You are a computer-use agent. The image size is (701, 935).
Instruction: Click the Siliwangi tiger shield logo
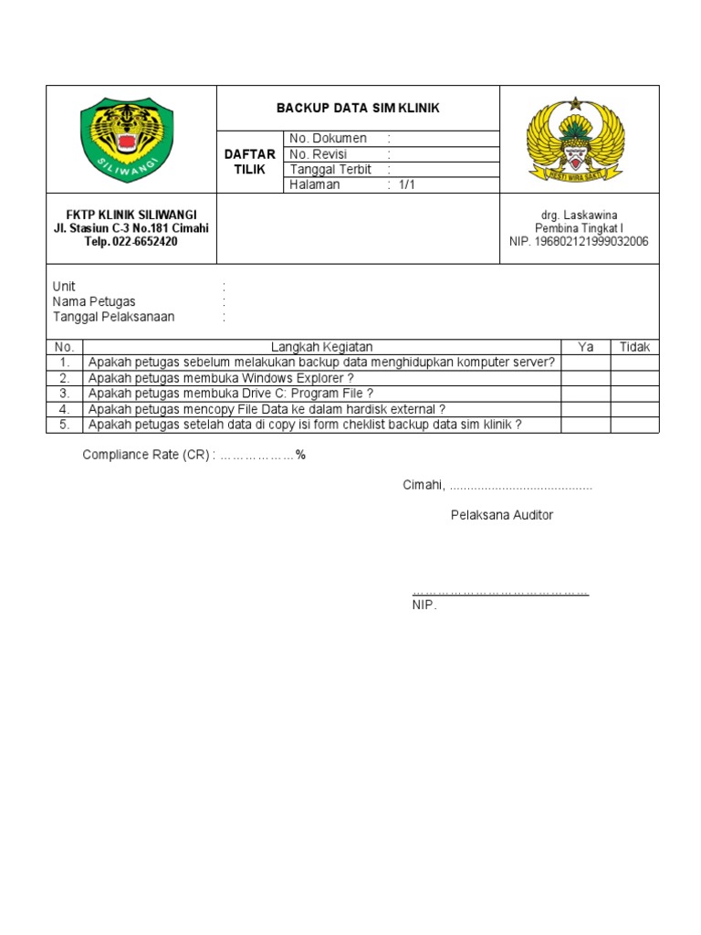tap(127, 140)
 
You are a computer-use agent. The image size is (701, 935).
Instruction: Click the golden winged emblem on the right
tap(575, 141)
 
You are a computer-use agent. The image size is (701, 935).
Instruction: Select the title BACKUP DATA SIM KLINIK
tap(358, 109)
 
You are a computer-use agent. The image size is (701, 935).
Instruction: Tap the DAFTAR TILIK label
tap(249, 163)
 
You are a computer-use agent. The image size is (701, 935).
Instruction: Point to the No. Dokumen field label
tap(328, 139)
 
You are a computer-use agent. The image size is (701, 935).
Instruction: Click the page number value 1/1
tap(406, 185)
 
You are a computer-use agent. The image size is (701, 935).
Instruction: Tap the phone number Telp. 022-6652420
tap(131, 242)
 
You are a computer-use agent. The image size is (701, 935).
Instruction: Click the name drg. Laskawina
tap(579, 215)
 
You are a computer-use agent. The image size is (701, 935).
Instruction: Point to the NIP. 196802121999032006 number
tap(579, 242)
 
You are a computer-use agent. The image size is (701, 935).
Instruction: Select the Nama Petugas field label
tap(94, 302)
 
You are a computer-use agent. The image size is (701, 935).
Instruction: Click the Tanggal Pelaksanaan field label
tap(113, 317)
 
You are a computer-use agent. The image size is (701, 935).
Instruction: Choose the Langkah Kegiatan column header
tap(321, 347)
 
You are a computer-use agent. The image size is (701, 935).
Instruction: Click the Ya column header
tap(585, 347)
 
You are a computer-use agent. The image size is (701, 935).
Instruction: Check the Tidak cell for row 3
tap(634, 394)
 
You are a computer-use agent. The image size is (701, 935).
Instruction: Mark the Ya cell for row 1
tap(585, 362)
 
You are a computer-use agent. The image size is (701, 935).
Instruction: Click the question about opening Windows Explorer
tap(220, 378)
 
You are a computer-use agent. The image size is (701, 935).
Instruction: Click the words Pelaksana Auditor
tap(501, 515)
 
